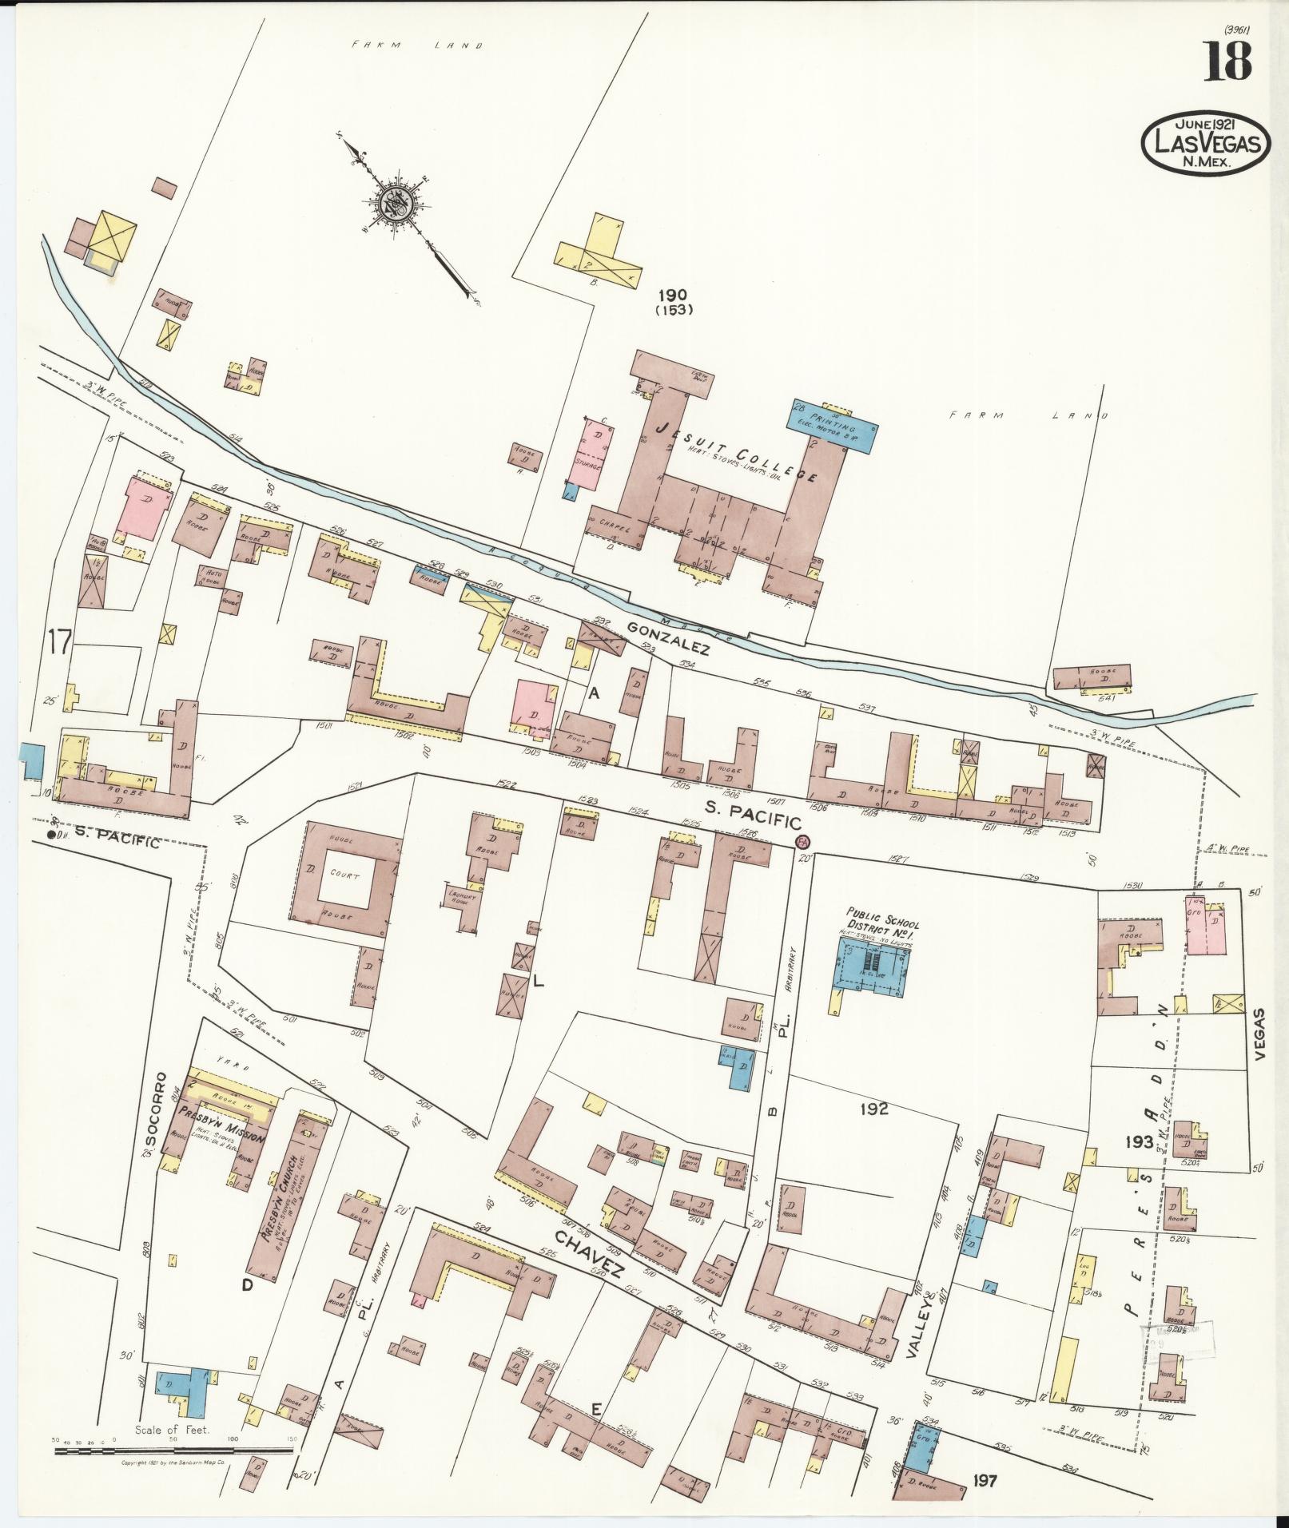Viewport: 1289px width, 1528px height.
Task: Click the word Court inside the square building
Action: coord(342,875)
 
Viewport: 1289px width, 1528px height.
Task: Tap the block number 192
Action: coord(874,1109)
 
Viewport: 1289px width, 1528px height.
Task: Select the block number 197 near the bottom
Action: coord(985,1481)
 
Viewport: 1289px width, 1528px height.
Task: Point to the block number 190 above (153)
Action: coord(673,295)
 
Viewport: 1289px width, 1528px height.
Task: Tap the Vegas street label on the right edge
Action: coord(1261,1033)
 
